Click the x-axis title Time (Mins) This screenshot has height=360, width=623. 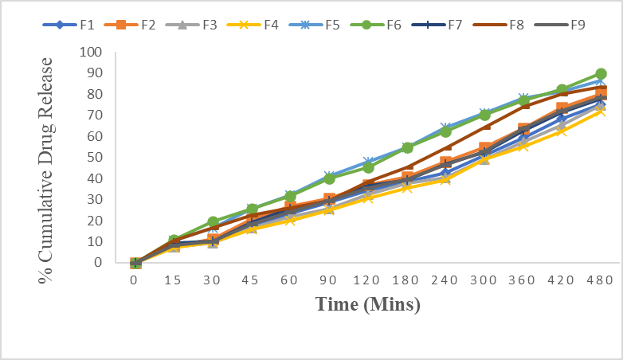[367, 303]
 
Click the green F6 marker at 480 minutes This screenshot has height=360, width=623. [601, 74]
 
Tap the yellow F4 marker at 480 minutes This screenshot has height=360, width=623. [601, 112]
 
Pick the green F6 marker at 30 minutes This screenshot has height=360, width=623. [213, 222]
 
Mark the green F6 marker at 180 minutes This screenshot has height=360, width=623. [407, 147]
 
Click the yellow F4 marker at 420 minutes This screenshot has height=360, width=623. [562, 131]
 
